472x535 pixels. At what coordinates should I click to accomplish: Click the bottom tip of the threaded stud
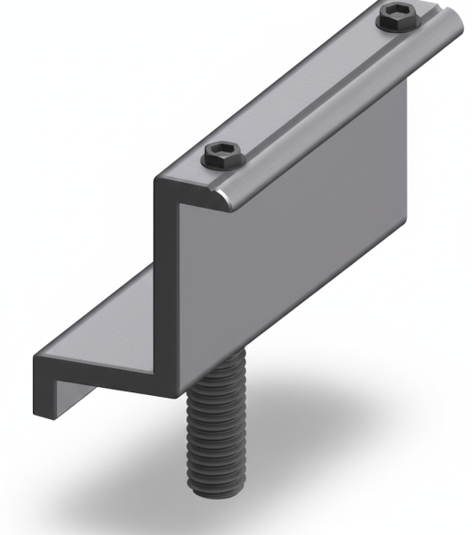coord(211,486)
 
